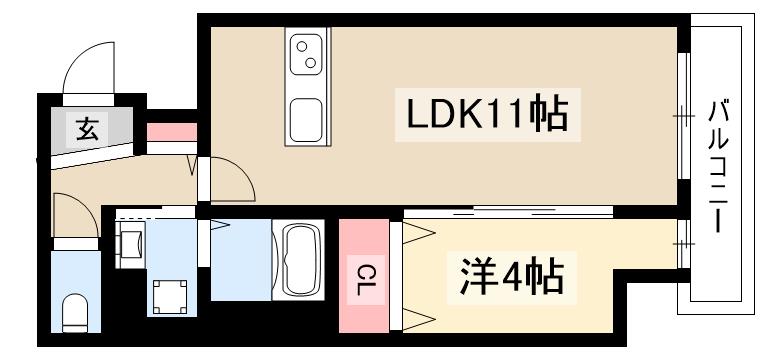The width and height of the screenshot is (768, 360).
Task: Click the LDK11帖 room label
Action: [486, 115]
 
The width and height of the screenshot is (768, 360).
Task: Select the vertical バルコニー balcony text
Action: [717, 165]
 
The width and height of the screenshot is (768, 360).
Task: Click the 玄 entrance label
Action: [88, 128]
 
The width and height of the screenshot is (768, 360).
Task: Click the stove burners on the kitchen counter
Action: [306, 52]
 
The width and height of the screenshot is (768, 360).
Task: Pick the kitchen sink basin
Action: [306, 120]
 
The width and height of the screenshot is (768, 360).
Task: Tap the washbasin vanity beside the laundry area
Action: [130, 241]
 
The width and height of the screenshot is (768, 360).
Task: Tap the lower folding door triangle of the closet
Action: [418, 319]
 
